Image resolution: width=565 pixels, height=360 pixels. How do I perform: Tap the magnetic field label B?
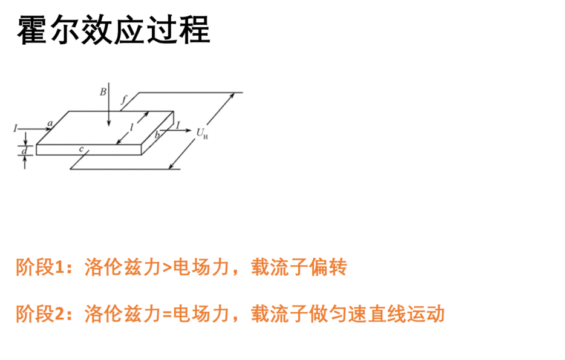tap(103, 92)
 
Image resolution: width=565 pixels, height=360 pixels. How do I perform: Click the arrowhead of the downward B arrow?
tap(109, 123)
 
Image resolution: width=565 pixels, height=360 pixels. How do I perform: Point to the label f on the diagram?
tap(125, 99)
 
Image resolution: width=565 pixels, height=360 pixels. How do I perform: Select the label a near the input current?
tap(50, 123)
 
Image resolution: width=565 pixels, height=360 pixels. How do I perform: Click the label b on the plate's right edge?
tap(157, 135)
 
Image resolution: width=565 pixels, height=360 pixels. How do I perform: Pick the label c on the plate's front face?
tap(82, 149)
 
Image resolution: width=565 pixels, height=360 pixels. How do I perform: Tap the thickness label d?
tap(24, 151)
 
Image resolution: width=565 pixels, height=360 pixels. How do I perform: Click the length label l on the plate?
tap(132, 127)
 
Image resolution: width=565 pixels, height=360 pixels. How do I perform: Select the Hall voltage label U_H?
tap(202, 133)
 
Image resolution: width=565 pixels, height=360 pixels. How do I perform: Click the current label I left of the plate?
tap(16, 128)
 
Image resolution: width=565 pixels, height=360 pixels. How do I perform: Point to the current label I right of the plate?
tap(178, 125)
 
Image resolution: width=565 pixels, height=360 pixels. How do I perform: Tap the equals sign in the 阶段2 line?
tap(167, 314)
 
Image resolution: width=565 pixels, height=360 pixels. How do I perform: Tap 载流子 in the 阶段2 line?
tap(279, 313)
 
